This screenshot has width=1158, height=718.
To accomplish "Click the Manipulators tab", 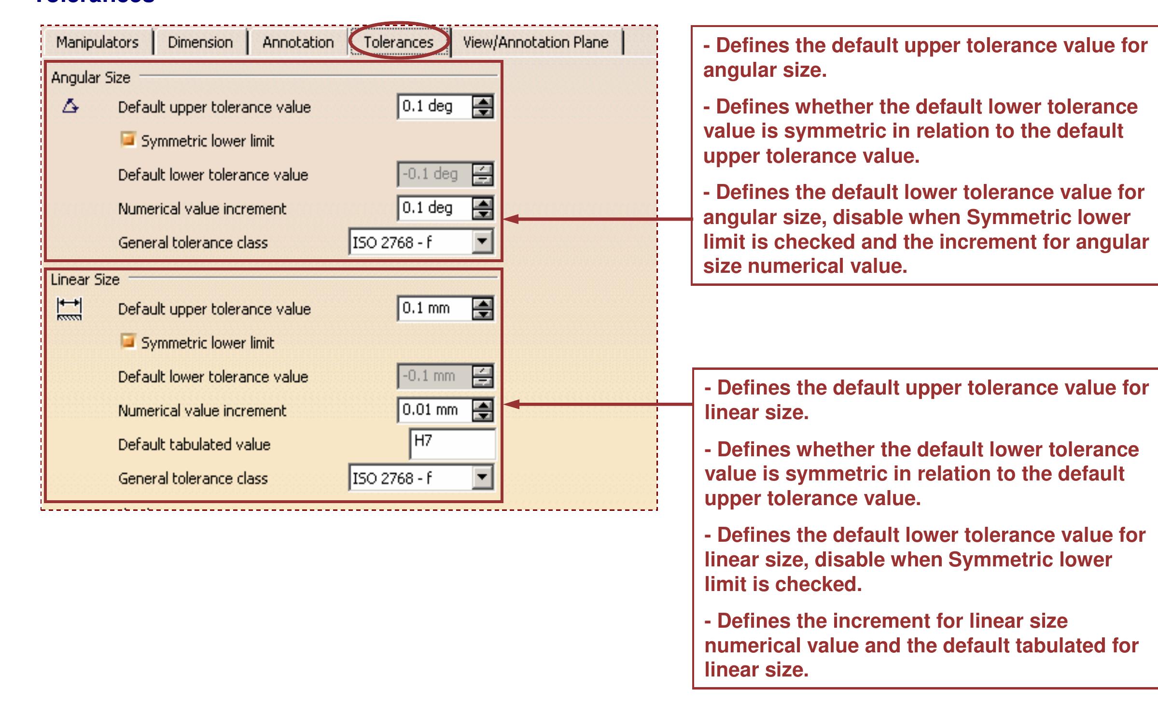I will (x=97, y=42).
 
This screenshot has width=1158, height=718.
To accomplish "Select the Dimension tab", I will (x=200, y=42).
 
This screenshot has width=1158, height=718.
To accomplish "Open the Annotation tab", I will (x=298, y=42).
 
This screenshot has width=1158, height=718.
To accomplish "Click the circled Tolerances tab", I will (x=399, y=42).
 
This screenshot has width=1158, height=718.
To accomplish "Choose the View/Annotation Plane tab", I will (x=535, y=42).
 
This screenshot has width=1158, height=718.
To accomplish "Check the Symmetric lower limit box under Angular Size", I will (x=128, y=140).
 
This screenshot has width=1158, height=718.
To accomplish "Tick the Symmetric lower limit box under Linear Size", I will (x=128, y=342).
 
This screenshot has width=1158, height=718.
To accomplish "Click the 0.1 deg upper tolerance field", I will (x=434, y=106).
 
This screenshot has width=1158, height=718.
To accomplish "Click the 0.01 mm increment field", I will (x=434, y=410).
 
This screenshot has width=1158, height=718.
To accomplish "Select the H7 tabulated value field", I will (x=452, y=444).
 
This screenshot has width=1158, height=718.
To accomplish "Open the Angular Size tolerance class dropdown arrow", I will (x=482, y=241).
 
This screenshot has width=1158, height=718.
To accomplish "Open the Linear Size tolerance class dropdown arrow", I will (x=482, y=478).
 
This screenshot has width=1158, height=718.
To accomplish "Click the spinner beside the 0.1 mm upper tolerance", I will (x=483, y=309).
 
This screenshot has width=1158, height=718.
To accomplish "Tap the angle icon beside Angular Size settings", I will (x=70, y=106).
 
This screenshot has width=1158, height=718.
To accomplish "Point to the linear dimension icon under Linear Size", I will (x=70, y=309).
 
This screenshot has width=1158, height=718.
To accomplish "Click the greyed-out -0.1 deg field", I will (x=434, y=174).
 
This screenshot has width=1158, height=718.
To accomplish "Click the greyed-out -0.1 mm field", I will (x=434, y=376).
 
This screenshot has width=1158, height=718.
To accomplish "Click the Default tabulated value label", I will (x=194, y=444).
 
